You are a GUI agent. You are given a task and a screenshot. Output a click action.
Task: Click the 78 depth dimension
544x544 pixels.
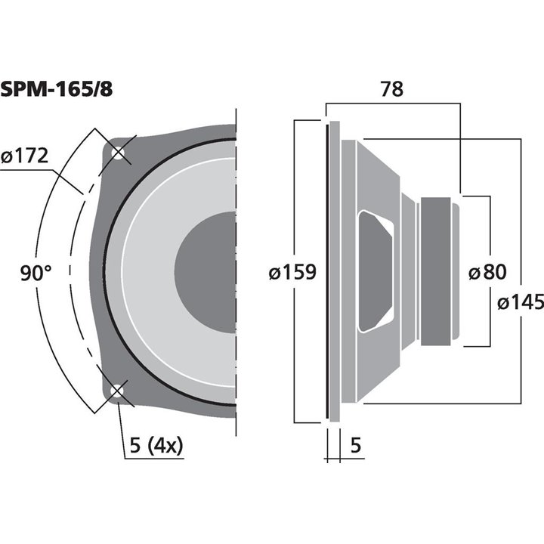pos(391,88)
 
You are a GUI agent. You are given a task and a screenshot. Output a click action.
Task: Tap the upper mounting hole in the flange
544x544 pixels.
pos(117,153)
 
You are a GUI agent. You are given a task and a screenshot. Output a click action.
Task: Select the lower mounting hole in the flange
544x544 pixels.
pos(117,391)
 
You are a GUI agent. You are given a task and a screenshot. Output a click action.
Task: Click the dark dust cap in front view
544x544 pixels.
pos(208,272)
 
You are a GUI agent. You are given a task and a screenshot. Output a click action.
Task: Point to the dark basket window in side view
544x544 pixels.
pos(376,270)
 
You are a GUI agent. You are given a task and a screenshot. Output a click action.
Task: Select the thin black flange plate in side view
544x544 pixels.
pos(329,272)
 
